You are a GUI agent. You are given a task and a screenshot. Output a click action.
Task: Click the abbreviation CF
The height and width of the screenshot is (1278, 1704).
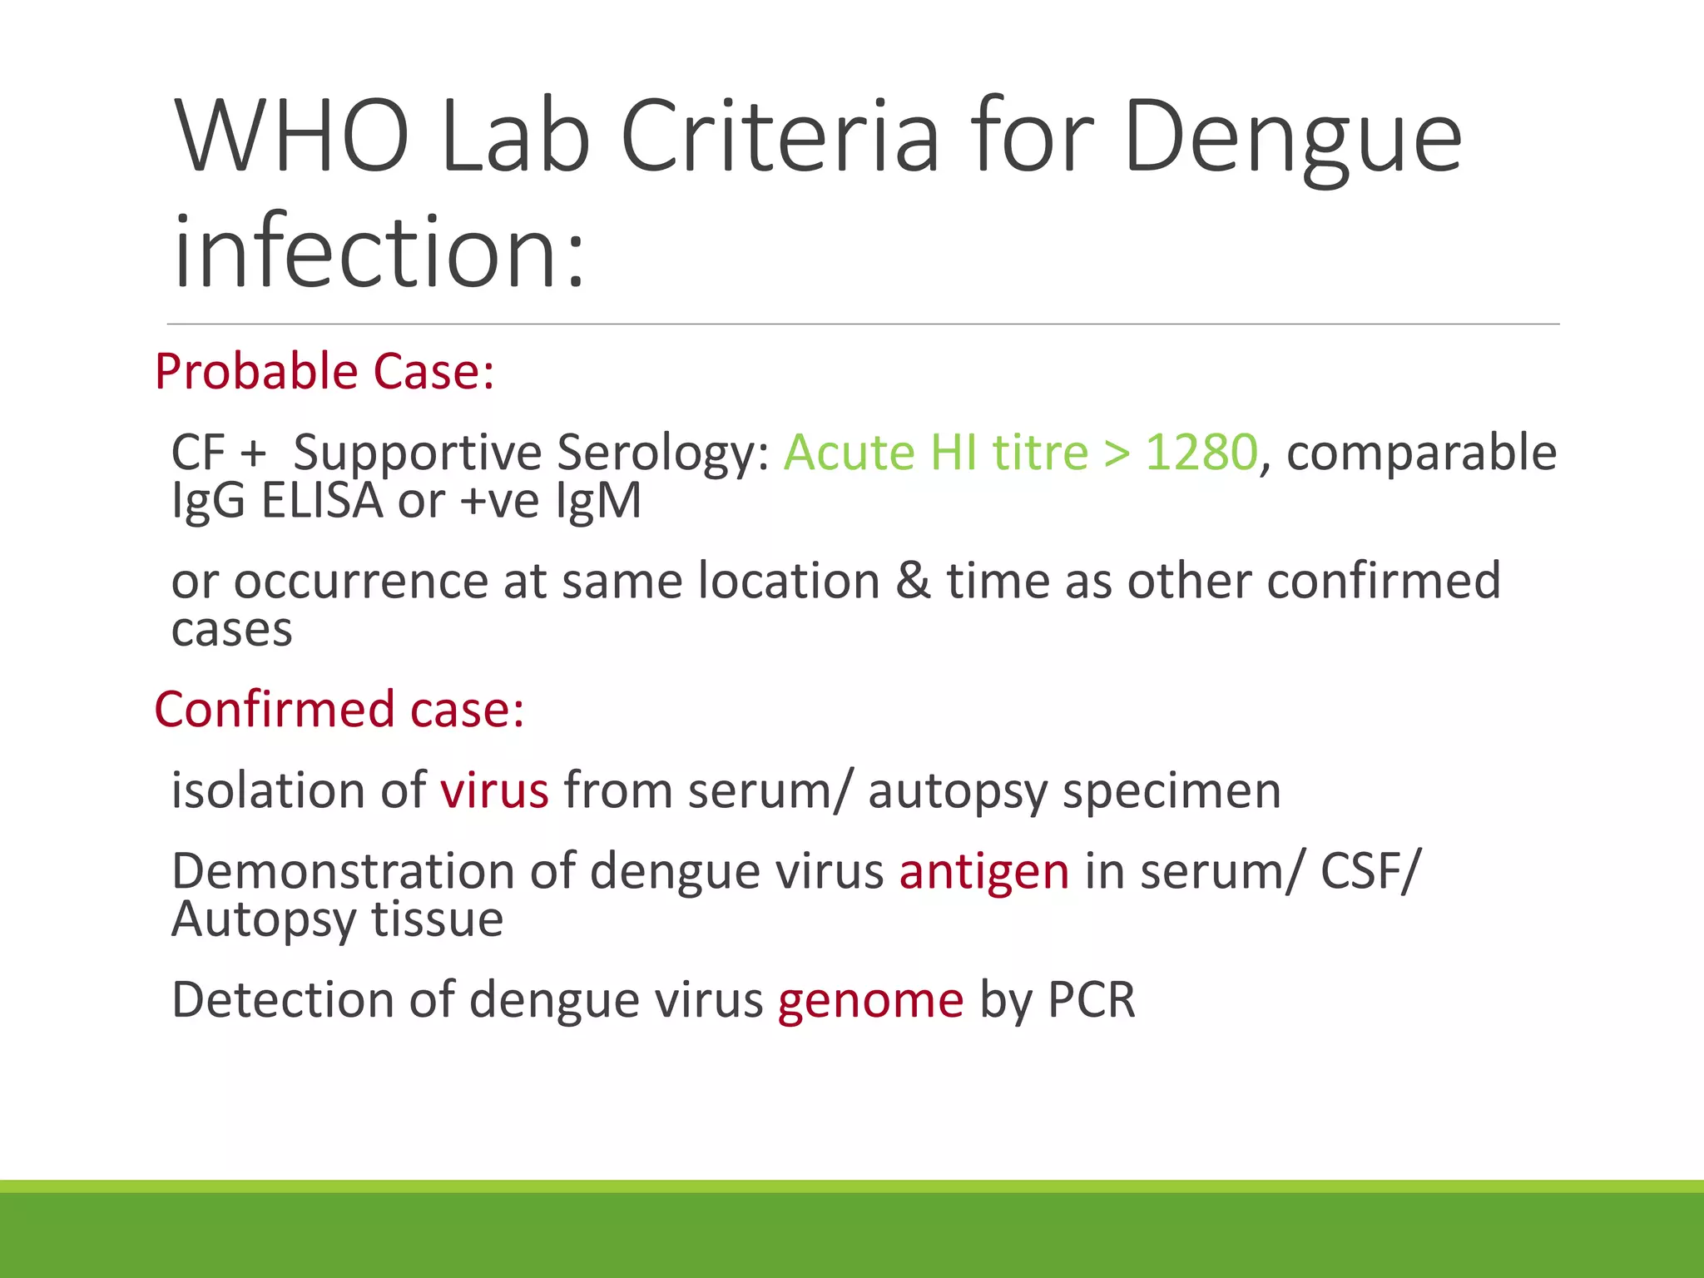pos(198,453)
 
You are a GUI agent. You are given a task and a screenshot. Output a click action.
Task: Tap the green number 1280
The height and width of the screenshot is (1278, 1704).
pos(1201,453)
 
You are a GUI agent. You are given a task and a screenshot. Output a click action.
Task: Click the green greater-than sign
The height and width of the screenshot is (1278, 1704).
pos(1117,454)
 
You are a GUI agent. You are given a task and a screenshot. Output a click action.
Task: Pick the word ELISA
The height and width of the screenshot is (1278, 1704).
pos(322,501)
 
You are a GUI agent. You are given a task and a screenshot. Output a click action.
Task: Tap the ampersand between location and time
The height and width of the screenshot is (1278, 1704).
pos(913,581)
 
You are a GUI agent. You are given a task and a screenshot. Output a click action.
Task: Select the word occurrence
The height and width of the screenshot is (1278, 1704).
pos(359,581)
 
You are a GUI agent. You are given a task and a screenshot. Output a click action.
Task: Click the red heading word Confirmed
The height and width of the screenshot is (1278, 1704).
pos(274,710)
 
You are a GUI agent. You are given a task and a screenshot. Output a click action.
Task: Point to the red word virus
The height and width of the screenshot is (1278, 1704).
pos(494,790)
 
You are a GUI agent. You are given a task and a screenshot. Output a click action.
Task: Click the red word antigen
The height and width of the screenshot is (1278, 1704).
pos(983,873)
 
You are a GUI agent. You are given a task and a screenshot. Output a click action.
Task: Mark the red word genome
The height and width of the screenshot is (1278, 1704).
pos(870,1000)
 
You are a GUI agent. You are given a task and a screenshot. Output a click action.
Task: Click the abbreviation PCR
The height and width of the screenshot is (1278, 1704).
pos(1091,1000)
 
